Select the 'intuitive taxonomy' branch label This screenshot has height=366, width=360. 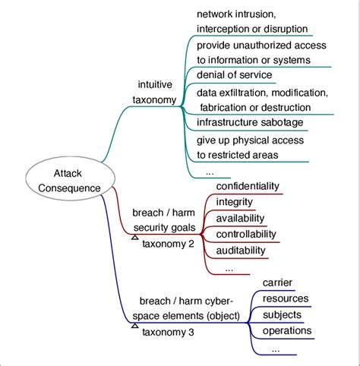click(157, 92)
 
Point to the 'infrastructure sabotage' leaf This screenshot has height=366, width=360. click(250, 122)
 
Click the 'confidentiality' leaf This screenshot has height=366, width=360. click(248, 186)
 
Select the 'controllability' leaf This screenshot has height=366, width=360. click(246, 234)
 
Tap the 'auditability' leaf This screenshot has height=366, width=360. click(241, 250)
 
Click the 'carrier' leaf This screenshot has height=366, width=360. click(277, 282)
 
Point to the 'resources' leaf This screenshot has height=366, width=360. click(286, 298)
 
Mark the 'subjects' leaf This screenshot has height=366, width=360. click(282, 314)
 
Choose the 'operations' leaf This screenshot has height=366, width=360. click(286, 330)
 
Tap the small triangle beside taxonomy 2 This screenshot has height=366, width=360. click(134, 238)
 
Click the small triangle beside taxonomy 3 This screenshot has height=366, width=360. click(134, 326)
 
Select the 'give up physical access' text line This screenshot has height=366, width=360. click(250, 140)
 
